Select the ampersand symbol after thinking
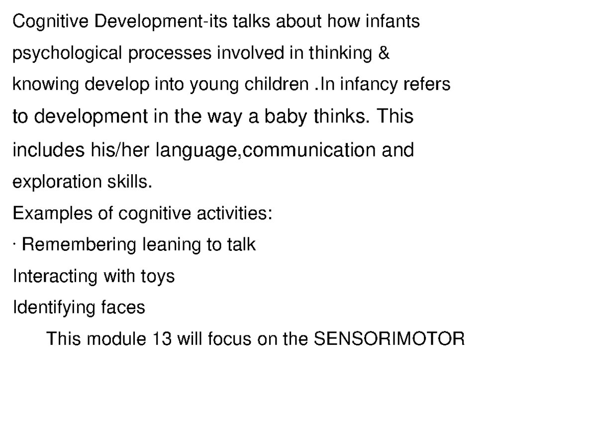pos(383,53)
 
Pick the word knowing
pos(46,85)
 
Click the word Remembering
pos(79,245)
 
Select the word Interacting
pos(55,276)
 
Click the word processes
pos(170,54)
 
